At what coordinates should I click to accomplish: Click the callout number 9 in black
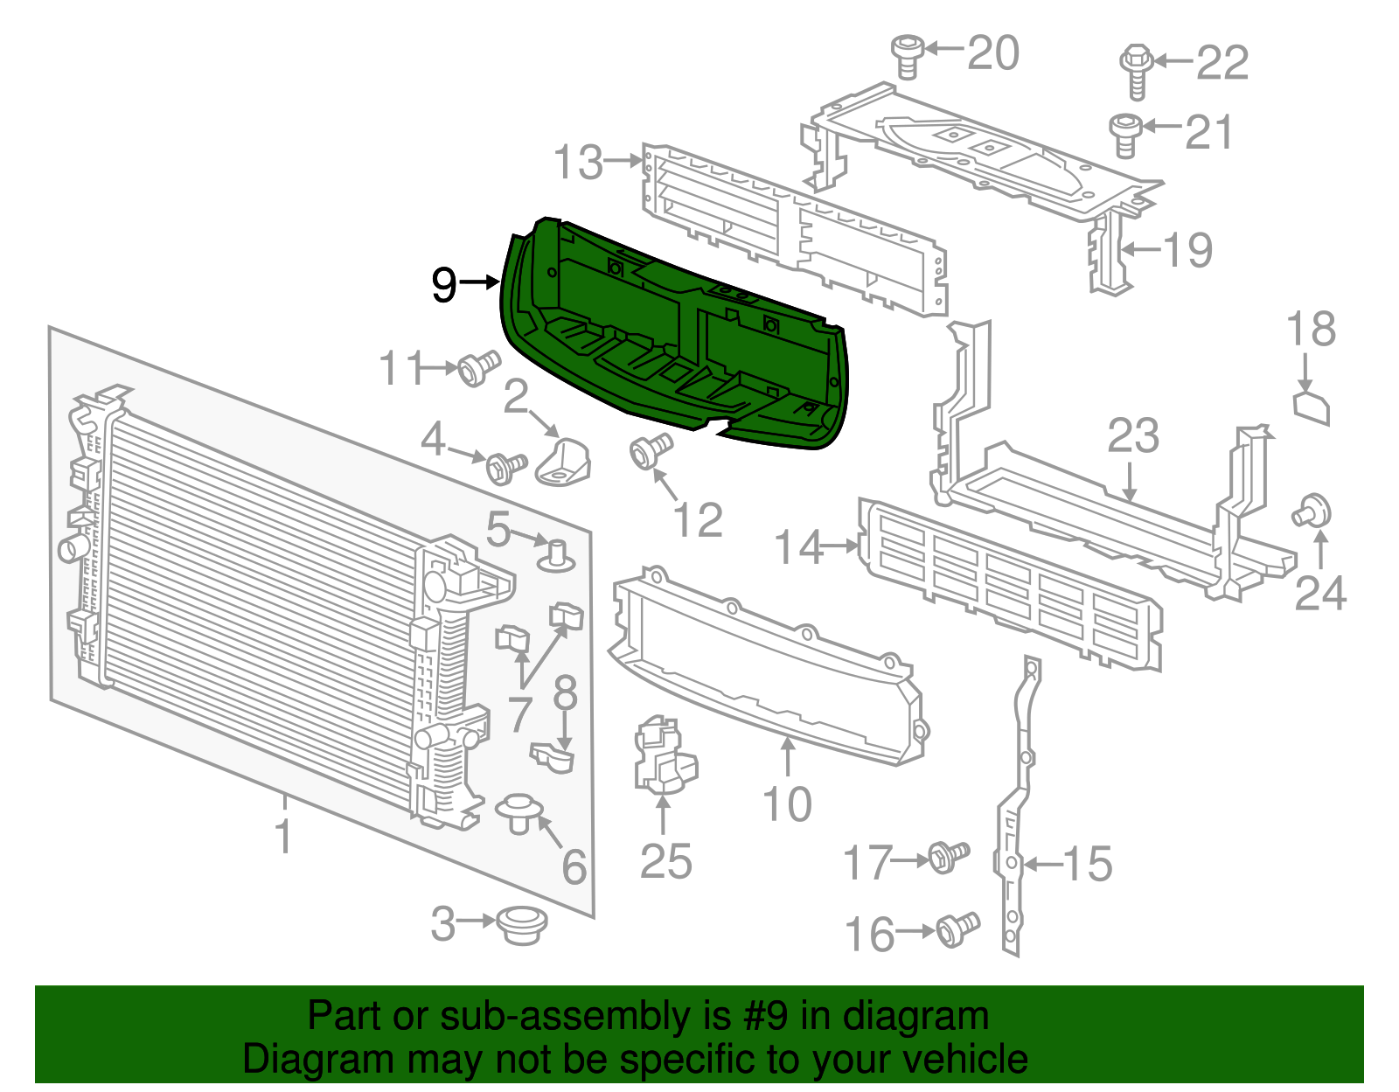pos(444,284)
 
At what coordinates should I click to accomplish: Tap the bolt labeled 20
pos(908,56)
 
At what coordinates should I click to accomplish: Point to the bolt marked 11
pos(478,368)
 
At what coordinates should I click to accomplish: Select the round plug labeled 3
pos(521,924)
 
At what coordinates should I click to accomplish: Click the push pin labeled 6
pos(519,812)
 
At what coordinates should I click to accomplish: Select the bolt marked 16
pos(957,929)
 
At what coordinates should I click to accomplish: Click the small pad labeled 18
pos(1312,408)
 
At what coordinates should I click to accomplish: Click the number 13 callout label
pos(578,163)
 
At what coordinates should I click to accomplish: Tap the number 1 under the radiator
pos(283,836)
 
